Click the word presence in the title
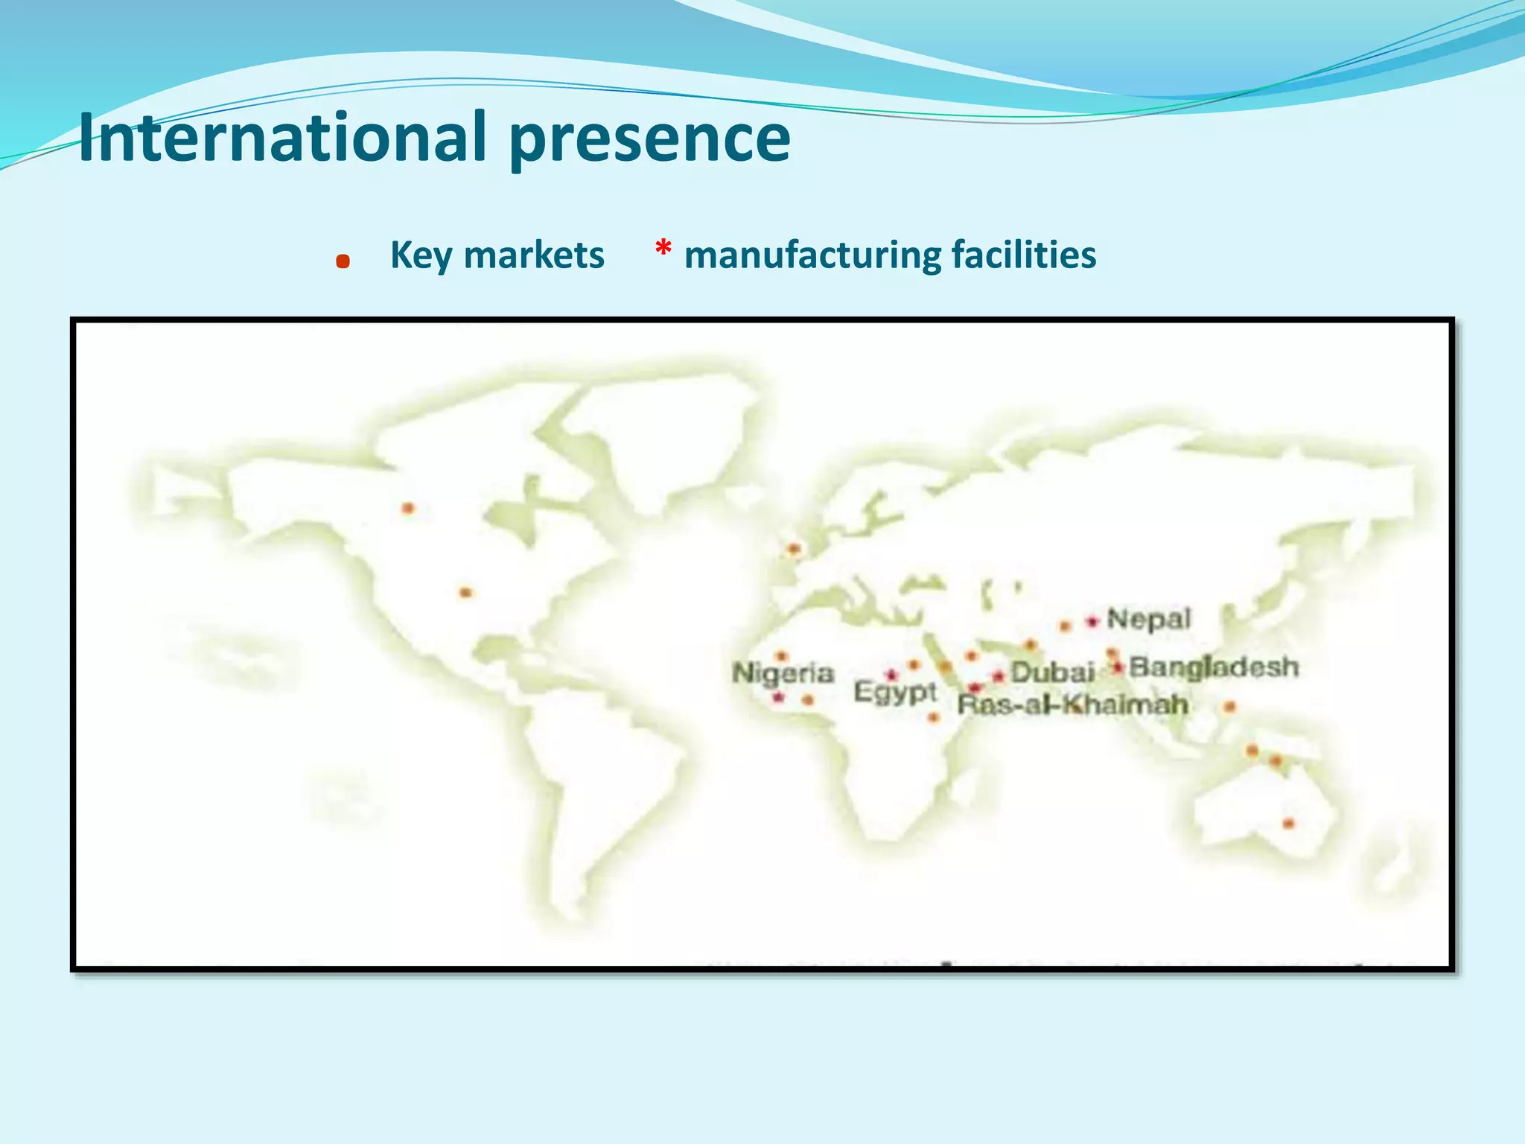point(649,138)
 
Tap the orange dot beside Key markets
point(343,261)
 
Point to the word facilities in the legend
point(1024,255)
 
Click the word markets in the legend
point(534,255)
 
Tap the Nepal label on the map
point(1148,619)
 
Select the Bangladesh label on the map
point(1214,667)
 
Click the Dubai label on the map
point(1052,673)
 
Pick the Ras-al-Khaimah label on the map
point(1072,705)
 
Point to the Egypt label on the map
point(894,692)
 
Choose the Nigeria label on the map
point(783,673)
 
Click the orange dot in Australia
point(1289,823)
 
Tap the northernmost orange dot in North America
point(408,508)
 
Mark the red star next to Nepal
point(1092,620)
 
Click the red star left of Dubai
point(999,676)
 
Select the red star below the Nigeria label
point(778,698)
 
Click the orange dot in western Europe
point(794,550)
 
